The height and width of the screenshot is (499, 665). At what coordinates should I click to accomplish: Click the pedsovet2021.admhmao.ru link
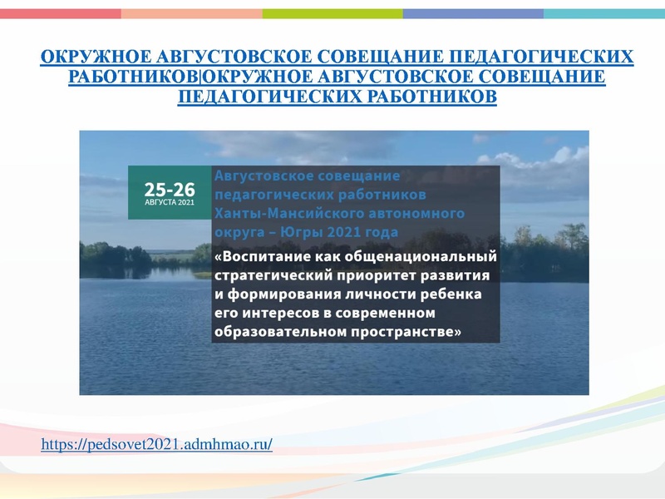156,446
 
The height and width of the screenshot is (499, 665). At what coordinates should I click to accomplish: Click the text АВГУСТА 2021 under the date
170,202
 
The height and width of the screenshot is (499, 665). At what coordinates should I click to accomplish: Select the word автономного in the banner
442,212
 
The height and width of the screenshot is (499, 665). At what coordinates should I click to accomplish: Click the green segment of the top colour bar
332,13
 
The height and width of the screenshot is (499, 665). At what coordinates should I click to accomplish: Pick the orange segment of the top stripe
191,13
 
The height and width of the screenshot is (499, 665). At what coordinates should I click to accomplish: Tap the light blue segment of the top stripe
603,13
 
